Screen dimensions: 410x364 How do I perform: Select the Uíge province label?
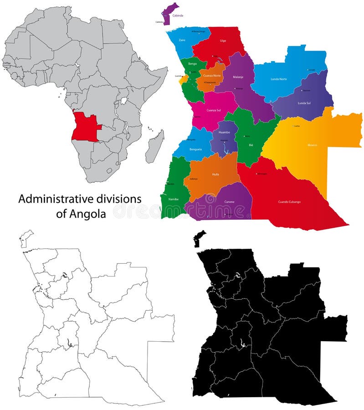[223, 41]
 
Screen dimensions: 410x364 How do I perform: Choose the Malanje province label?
[238, 77]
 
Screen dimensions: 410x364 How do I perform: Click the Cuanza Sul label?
[213, 110]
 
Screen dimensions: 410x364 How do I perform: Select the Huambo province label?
[224, 132]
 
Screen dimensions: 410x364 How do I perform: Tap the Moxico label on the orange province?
[312, 145]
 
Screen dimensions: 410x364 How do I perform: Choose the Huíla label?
[215, 174]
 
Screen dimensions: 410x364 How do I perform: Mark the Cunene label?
[229, 202]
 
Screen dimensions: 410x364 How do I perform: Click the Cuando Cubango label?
[289, 201]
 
